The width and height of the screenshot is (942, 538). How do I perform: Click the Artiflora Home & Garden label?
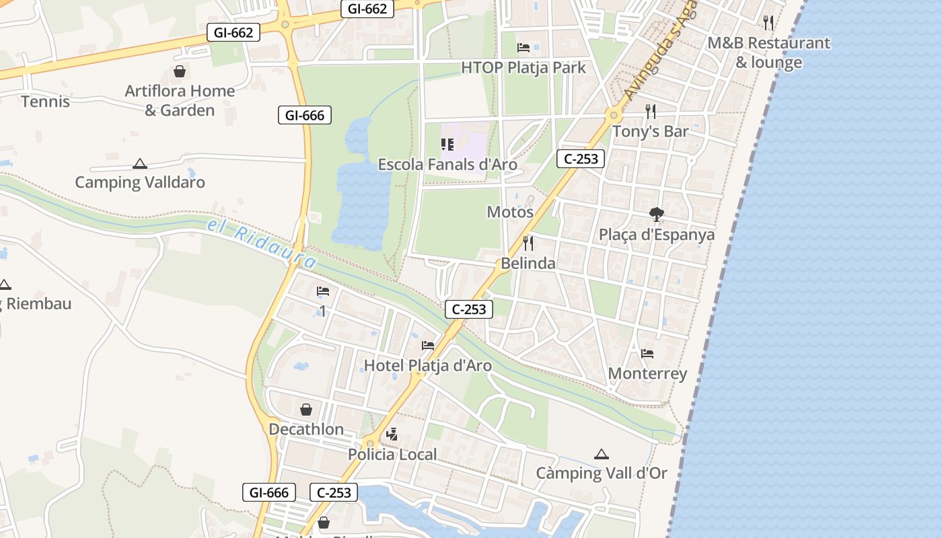180,100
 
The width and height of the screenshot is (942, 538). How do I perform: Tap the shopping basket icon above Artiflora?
180,71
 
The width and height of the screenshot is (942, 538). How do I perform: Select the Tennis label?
45,102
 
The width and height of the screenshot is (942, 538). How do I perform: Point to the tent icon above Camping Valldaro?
139,163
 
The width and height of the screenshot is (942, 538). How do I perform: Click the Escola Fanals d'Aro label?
447,165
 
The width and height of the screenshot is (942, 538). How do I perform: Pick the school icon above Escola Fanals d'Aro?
447,145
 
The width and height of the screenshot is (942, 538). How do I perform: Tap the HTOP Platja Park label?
523,68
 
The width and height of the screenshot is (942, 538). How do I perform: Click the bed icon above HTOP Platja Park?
523,47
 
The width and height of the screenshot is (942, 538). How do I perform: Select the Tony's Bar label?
650,131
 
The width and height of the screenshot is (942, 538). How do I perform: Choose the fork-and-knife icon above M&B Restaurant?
768,23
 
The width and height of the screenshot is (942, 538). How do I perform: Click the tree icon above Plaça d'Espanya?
657,215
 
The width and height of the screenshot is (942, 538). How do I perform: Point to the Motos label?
510,212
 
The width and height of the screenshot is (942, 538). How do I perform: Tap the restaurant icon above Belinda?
528,243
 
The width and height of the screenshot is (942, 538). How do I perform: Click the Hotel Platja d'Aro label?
428,366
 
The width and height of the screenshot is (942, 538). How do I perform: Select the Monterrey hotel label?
647,373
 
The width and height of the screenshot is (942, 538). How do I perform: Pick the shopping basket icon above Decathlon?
306,410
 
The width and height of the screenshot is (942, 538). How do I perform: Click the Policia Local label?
392,454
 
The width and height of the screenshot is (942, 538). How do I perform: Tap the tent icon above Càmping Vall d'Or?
601,454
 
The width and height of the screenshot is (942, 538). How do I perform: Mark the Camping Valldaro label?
140,182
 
